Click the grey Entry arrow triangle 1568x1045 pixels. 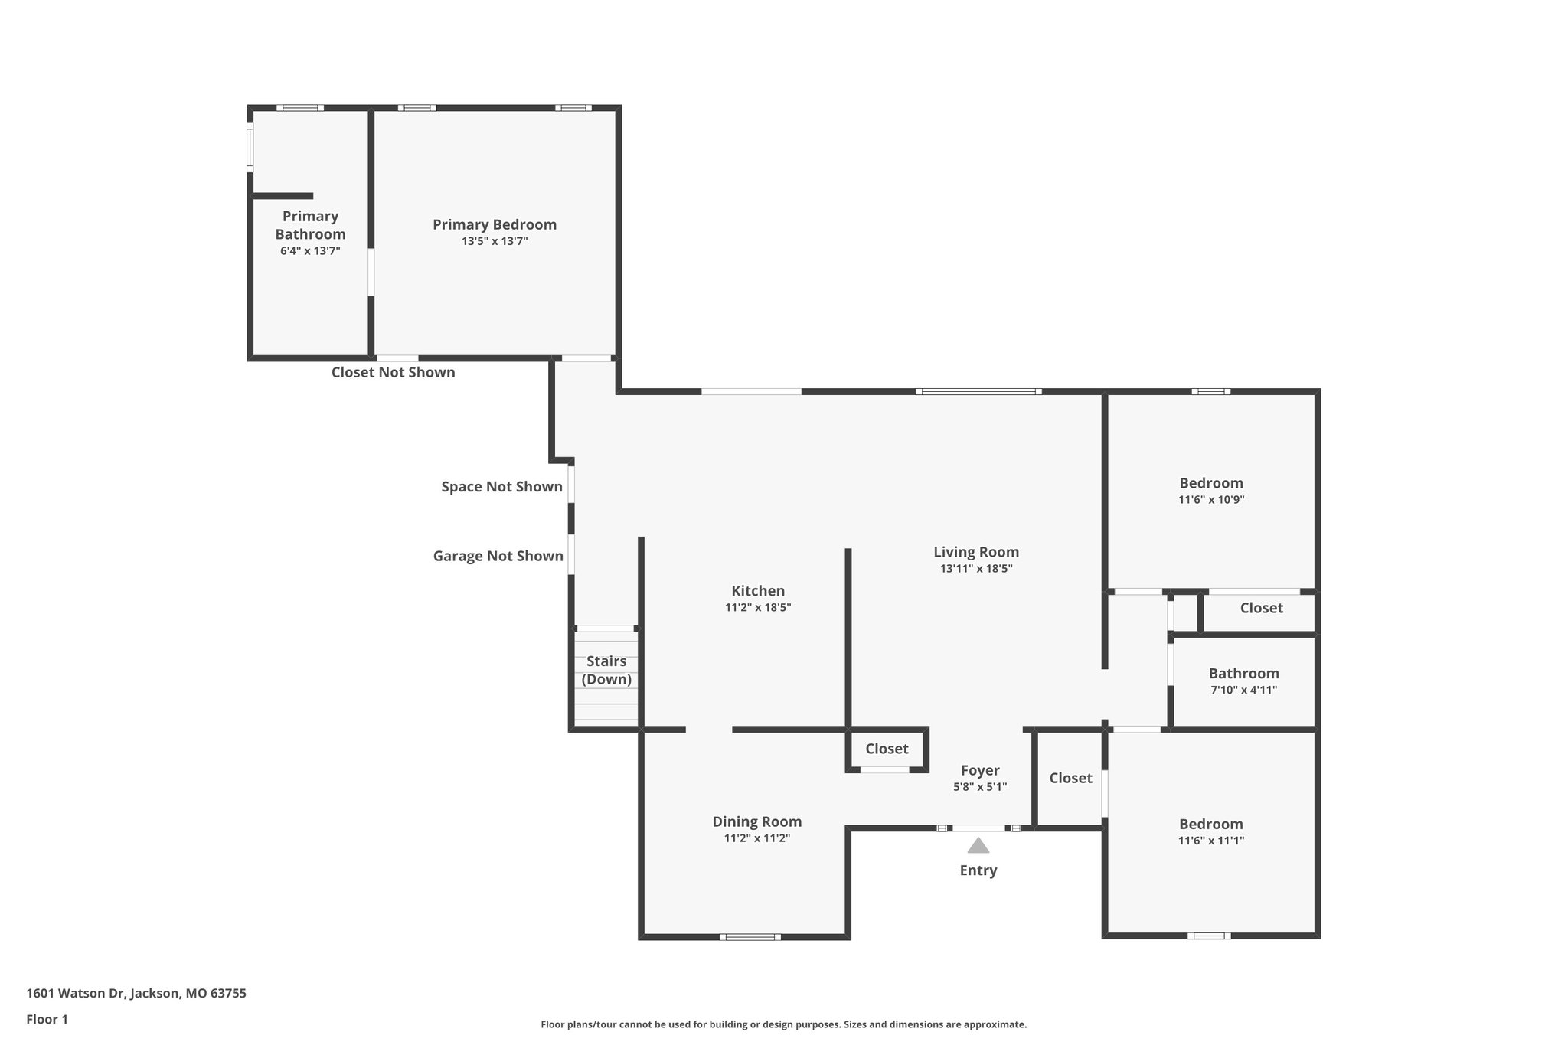[x=978, y=846]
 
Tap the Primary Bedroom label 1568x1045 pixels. [x=494, y=224]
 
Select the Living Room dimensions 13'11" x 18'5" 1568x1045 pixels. [x=976, y=569]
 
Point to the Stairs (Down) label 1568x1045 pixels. [x=606, y=670]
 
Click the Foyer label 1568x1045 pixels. [x=980, y=770]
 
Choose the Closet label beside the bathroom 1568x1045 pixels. [x=1261, y=608]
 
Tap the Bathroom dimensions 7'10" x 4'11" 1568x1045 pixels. [x=1243, y=690]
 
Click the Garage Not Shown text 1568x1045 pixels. [x=498, y=556]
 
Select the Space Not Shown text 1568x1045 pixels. [x=501, y=487]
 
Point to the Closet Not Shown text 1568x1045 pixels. [x=393, y=372]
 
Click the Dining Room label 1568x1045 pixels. [x=756, y=821]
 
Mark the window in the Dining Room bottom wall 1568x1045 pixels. [x=750, y=936]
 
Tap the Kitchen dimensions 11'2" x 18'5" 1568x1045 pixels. [x=758, y=608]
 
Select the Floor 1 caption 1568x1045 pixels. [x=47, y=1019]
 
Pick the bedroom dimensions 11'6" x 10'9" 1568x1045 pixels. [x=1210, y=500]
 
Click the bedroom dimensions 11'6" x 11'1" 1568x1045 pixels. [x=1210, y=841]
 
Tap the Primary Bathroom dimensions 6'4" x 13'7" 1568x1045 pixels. [x=310, y=250]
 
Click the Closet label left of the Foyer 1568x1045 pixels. [x=887, y=749]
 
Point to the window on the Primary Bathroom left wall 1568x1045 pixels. [x=250, y=148]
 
